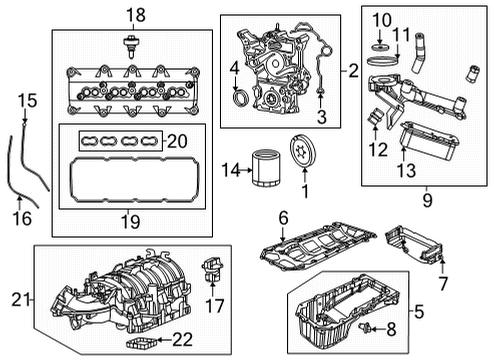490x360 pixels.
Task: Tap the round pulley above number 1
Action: (301, 147)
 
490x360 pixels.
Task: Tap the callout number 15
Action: (28, 100)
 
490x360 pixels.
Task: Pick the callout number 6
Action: (283, 217)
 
